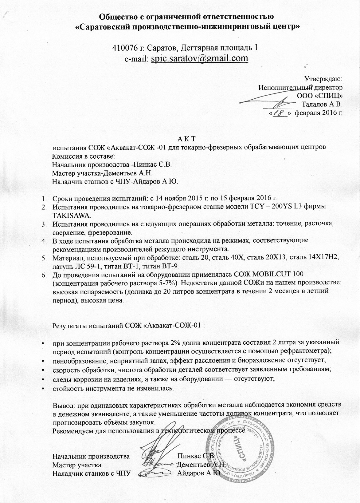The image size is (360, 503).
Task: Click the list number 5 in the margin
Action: (x=44, y=257)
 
